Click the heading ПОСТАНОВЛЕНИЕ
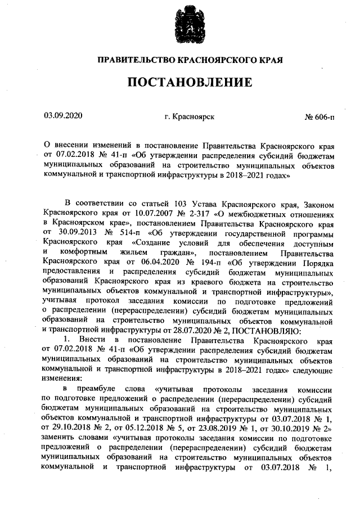coord(190,83)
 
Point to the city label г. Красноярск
coord(189,117)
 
